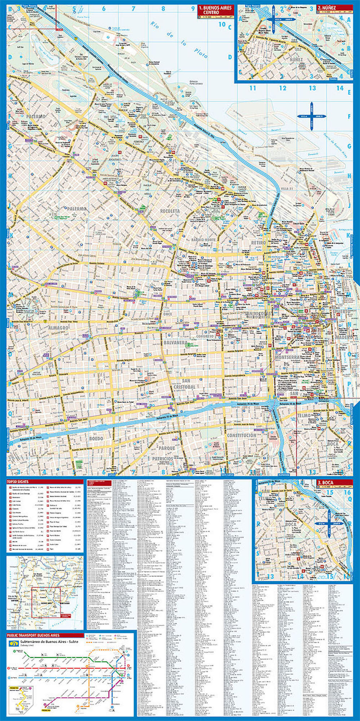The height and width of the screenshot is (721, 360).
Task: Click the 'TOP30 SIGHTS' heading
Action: coord(18,482)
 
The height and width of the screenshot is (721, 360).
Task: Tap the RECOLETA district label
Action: coord(170,211)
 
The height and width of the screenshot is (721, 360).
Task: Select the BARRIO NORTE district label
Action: coord(203,240)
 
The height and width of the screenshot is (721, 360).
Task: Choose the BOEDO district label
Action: coord(96,439)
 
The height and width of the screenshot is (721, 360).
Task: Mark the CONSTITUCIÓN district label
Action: coord(241,435)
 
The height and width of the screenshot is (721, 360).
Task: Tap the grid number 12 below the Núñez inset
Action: coord(282,88)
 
